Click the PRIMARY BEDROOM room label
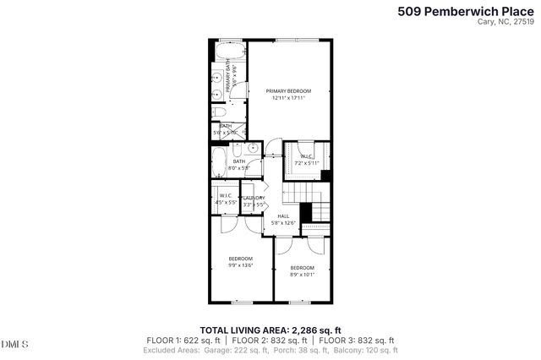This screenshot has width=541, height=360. click(x=288, y=90)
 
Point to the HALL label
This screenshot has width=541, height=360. click(x=283, y=215)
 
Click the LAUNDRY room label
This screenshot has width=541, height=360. click(x=254, y=198)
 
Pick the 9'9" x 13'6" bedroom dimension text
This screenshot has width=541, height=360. click(x=240, y=265)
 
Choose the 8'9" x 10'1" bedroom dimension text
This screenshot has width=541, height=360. click(x=302, y=274)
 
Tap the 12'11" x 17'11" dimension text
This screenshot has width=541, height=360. click(x=288, y=98)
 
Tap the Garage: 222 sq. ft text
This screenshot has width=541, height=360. click(x=230, y=349)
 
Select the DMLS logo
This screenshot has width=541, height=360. click(x=14, y=344)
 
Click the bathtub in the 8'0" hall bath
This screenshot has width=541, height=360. click(x=218, y=161)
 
